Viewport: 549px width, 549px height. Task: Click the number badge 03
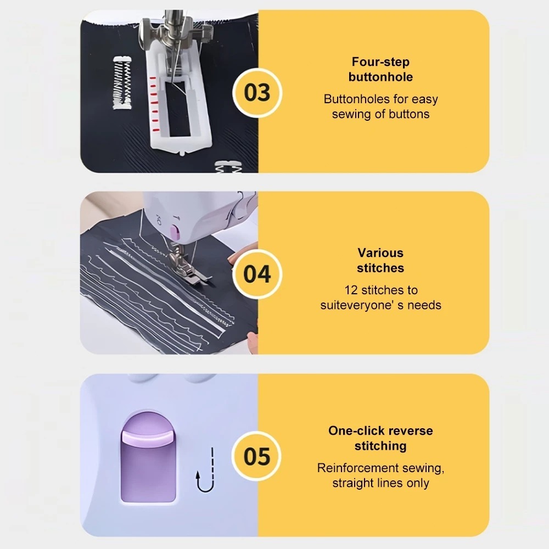257,92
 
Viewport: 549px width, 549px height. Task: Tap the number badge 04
257,274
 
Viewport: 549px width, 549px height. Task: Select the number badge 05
257,456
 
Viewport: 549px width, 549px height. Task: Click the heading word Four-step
380,62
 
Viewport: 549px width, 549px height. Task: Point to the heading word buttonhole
380,77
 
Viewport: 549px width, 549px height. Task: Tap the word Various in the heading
380,253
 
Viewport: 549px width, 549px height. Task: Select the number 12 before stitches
351,290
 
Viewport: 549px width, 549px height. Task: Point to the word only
418,483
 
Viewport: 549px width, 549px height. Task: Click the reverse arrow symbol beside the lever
205,470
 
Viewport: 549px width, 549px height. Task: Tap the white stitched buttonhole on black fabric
122,83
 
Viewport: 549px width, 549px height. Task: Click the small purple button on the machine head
175,232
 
